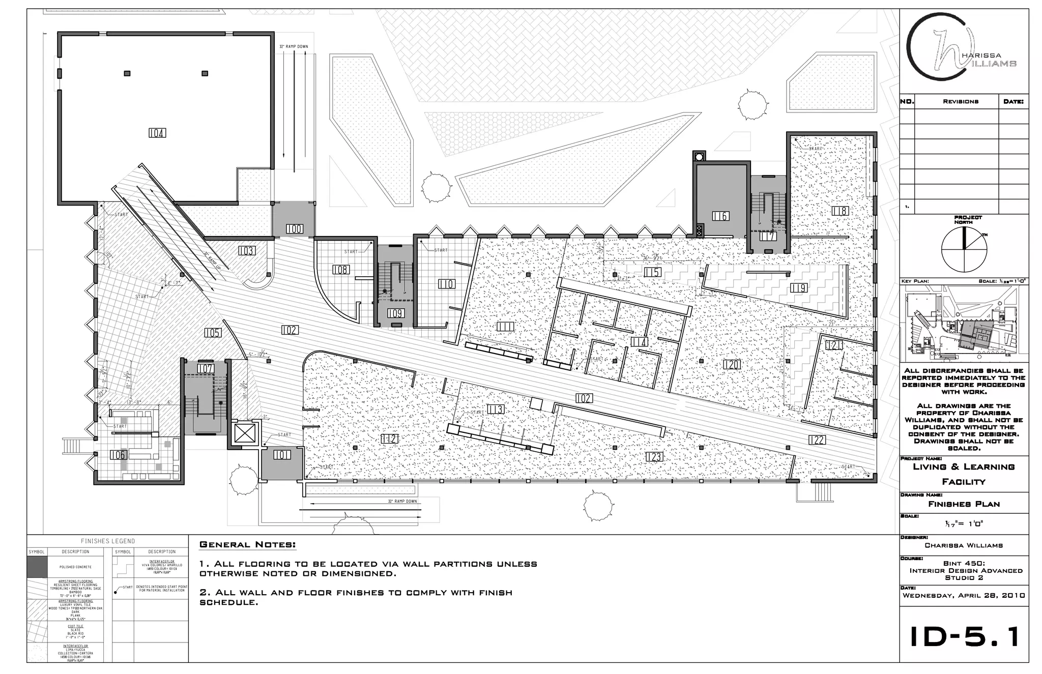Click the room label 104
[157, 133]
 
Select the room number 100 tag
[294, 229]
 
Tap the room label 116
[720, 216]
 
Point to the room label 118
[840, 211]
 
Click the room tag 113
[495, 409]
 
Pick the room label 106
[118, 455]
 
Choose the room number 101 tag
[282, 455]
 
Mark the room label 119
[798, 288]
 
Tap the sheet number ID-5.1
[964, 637]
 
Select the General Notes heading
[247, 545]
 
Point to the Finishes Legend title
[108, 541]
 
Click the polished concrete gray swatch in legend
[36, 567]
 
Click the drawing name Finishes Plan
[964, 504]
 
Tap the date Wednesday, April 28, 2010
[964, 596]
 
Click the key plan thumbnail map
[964, 324]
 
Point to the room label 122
[816, 440]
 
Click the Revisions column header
[960, 102]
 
